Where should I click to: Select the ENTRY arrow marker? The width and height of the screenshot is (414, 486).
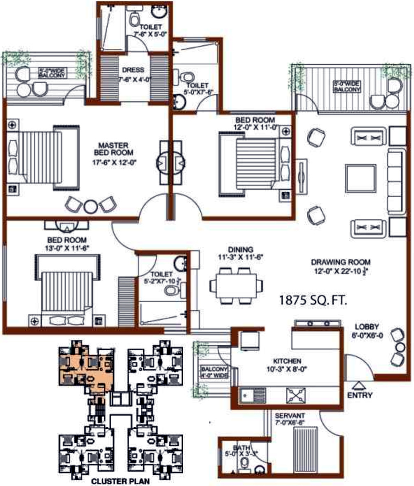tap(359, 385)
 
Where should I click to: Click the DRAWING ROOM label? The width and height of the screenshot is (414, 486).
tap(341, 262)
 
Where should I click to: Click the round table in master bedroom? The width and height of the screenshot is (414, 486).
tap(90, 206)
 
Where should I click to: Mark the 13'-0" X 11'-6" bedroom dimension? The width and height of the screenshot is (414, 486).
tap(67, 248)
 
